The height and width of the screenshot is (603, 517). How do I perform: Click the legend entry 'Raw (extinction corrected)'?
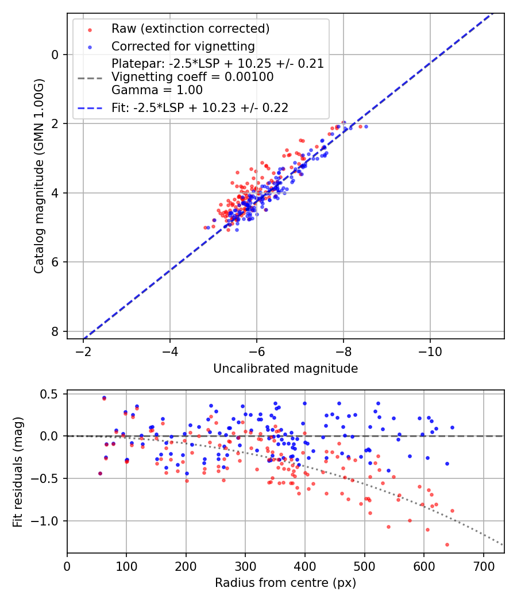(x=190, y=29)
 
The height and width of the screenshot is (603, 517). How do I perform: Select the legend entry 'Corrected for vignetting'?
(x=183, y=46)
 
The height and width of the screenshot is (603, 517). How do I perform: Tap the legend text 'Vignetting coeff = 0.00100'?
(x=192, y=77)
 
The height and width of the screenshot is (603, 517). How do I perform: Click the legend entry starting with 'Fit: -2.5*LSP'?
(x=199, y=107)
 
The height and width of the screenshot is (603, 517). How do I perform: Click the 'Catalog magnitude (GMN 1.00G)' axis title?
(x=38, y=176)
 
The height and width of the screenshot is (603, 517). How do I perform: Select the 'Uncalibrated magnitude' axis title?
(x=285, y=369)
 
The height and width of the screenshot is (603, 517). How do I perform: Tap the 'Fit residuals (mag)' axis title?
(x=17, y=471)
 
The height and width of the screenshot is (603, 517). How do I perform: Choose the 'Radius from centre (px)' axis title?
(x=285, y=583)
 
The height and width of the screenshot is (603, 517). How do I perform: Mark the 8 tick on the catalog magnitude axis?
(x=55, y=331)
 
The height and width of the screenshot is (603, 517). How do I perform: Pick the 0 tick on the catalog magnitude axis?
(x=55, y=55)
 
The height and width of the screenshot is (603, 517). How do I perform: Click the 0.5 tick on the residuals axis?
(x=52, y=394)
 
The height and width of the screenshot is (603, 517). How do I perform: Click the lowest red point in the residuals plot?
(x=447, y=544)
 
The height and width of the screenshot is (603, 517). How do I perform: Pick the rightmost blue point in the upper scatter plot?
(x=366, y=126)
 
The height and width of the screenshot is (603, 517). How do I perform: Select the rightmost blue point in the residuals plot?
(x=452, y=427)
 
